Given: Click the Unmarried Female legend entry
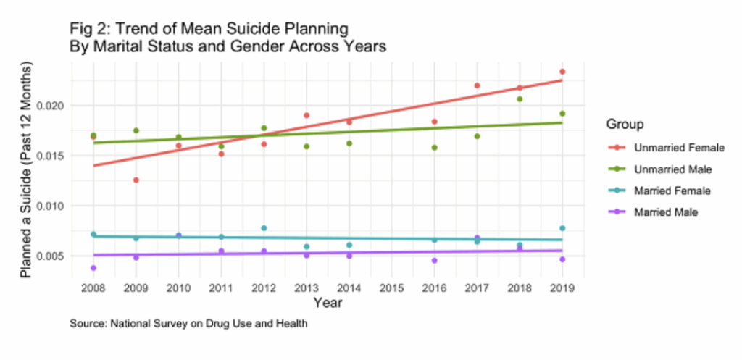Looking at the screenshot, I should coord(679,148).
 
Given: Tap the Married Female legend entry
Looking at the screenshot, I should coord(672,191).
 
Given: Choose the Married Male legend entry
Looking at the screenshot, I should coord(667,212).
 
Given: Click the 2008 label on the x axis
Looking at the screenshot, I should coord(93,288).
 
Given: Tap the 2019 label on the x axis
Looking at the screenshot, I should coord(562,288).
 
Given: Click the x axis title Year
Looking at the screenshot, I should coord(328,304).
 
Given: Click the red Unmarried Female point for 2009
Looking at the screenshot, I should coord(136,180).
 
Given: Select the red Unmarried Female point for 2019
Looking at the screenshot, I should coord(562,72).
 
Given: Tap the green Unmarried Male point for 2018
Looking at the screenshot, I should coord(520,99).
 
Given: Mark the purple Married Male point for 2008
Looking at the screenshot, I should coord(93,268).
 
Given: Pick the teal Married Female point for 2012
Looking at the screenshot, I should coord(264,228).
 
